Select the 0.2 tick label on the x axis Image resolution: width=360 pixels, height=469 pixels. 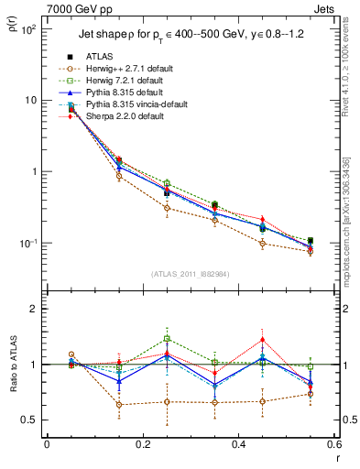[x=142, y=443]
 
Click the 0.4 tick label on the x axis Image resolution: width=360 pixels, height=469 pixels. [x=237, y=443]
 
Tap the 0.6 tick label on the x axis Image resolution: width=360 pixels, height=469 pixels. [x=333, y=443]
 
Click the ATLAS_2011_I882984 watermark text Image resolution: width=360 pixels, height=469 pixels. [x=190, y=275]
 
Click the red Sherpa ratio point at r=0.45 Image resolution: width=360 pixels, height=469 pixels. [x=262, y=340]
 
